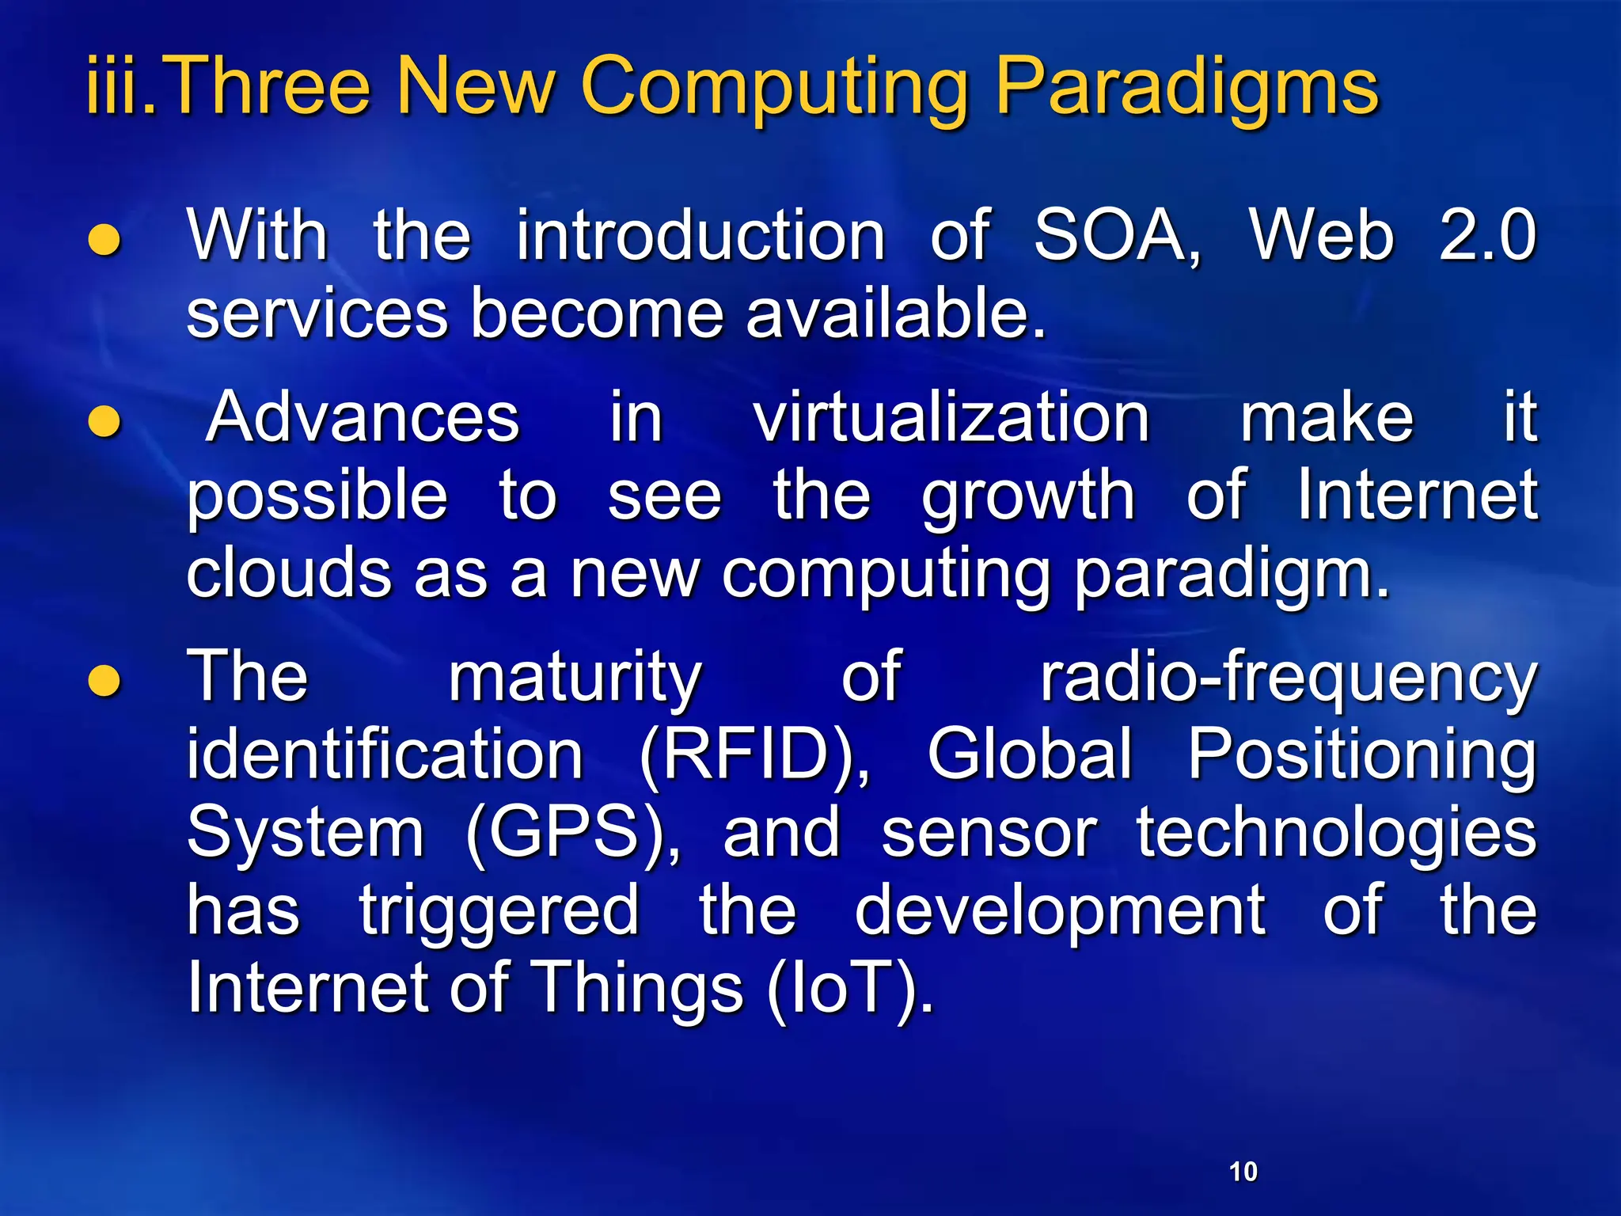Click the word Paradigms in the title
[x=1186, y=87]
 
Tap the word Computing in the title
[x=774, y=87]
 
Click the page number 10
[x=1243, y=1171]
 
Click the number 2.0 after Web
[x=1487, y=235]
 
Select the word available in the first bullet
[x=894, y=313]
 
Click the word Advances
[x=363, y=417]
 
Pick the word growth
[x=1028, y=496]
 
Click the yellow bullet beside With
[x=104, y=241]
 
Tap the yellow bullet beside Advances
[x=104, y=421]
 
